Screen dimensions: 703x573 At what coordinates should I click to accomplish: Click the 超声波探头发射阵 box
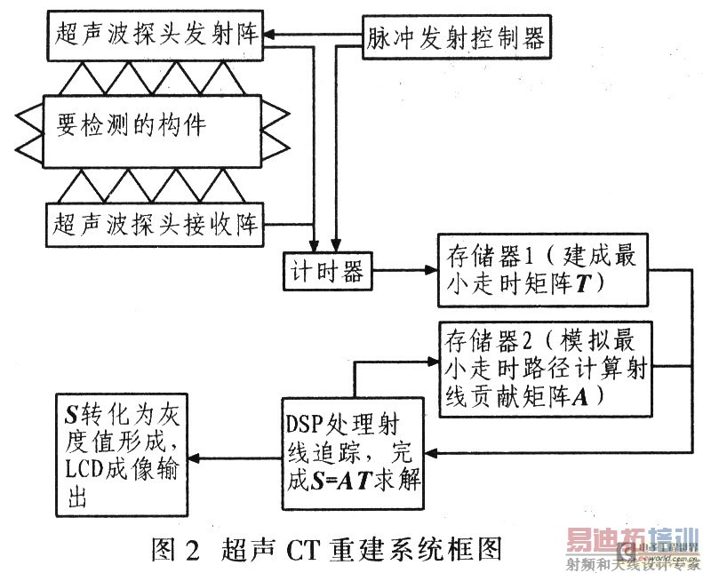pyautogui.click(x=155, y=36)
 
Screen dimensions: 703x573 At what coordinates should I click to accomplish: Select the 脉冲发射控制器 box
pyautogui.click(x=457, y=37)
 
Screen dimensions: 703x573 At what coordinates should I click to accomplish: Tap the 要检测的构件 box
pyautogui.click(x=152, y=131)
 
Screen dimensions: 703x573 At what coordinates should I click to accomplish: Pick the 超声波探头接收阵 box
pyautogui.click(x=155, y=225)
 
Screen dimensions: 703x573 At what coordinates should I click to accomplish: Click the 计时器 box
pyautogui.click(x=328, y=271)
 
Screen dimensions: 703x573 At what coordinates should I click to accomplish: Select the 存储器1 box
pyautogui.click(x=543, y=270)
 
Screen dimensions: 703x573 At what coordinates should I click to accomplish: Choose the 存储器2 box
pyautogui.click(x=545, y=370)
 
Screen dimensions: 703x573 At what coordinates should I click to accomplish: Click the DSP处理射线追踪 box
pyautogui.click(x=353, y=453)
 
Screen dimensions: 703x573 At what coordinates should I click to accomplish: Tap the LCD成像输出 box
pyautogui.click(x=122, y=455)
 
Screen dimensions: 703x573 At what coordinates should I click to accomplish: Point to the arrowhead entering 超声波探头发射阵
pyautogui.click(x=269, y=34)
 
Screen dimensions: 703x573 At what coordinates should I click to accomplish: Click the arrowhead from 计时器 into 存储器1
pyautogui.click(x=432, y=270)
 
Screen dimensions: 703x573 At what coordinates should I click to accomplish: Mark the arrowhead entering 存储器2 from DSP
pyautogui.click(x=433, y=362)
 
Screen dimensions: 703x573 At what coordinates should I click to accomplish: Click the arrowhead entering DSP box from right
pyautogui.click(x=430, y=452)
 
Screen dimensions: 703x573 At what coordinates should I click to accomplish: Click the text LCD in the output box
pyautogui.click(x=84, y=469)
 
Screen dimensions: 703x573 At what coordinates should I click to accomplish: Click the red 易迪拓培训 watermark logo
pyautogui.click(x=632, y=541)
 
